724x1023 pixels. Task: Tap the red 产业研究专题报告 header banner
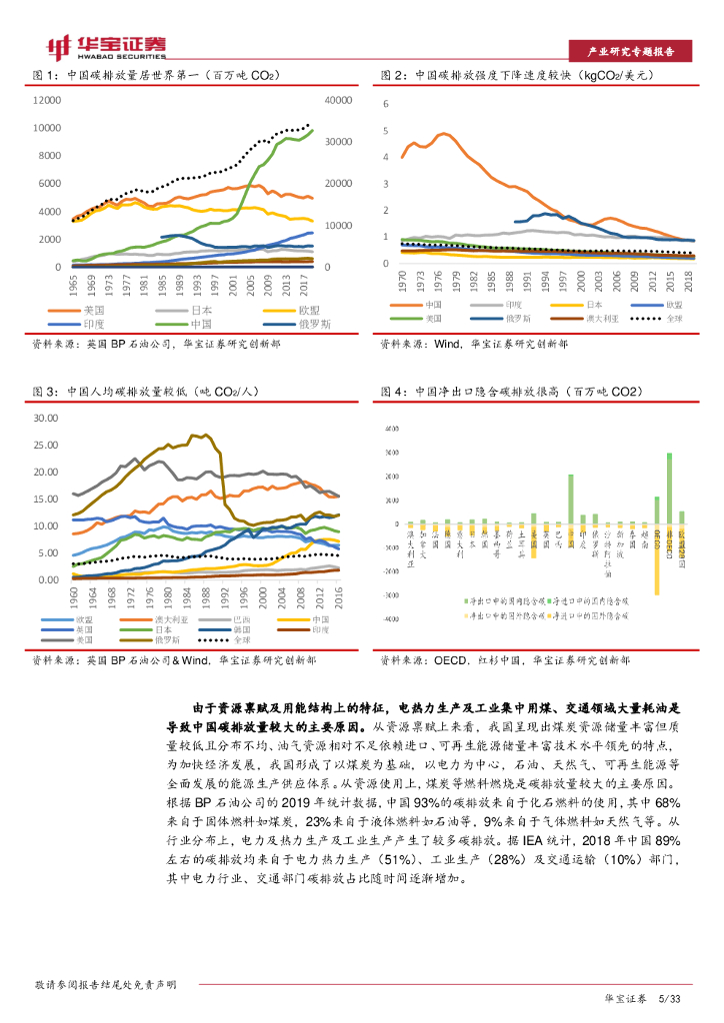629,52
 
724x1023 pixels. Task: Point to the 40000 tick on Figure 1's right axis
339,101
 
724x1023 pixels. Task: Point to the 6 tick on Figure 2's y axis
386,105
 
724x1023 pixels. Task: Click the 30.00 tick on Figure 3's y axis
46,418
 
